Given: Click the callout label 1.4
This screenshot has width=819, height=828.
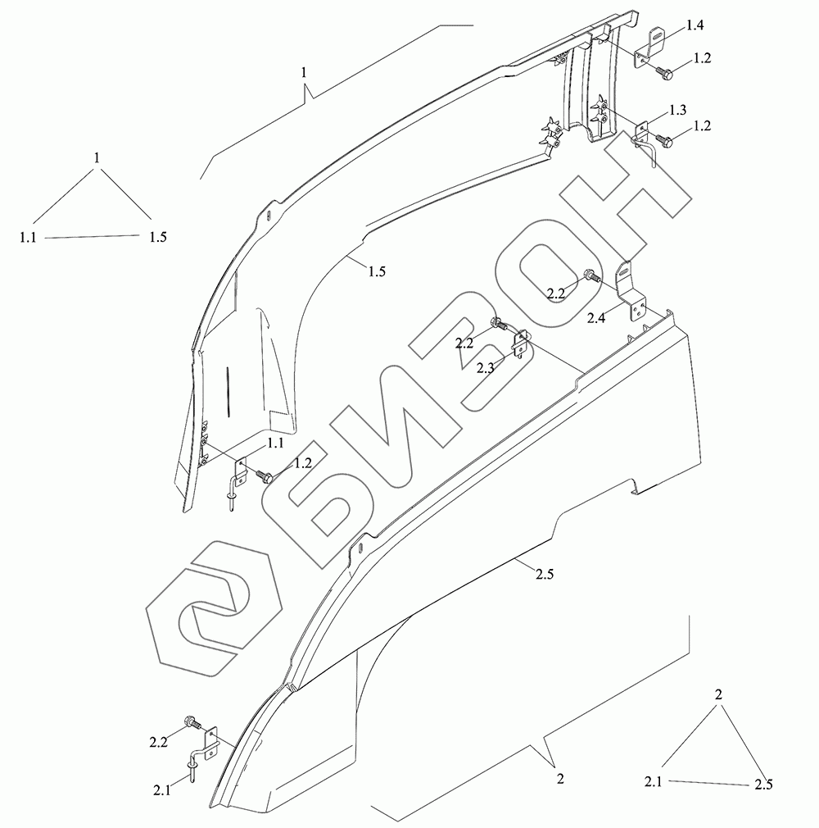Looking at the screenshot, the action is [695, 25].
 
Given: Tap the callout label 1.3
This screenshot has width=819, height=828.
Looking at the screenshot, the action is [678, 110].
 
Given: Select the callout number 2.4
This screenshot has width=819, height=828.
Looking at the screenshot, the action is [596, 318].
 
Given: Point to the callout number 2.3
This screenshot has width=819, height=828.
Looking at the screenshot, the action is [486, 368].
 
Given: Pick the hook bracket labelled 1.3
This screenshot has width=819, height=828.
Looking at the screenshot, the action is [644, 140].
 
